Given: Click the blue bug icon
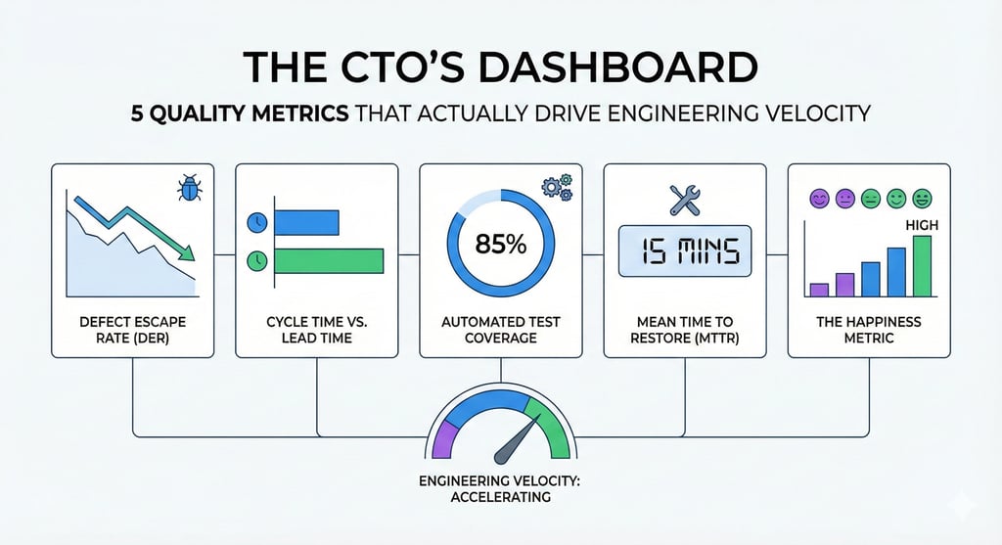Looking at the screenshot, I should (189, 188).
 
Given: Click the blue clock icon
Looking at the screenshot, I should (257, 223).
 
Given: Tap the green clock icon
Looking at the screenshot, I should (257, 261).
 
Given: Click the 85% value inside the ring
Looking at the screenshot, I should (500, 245).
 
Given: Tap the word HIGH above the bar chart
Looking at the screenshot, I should (923, 225).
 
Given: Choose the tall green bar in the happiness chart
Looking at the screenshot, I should (922, 265).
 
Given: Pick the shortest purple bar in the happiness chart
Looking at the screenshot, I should (820, 290).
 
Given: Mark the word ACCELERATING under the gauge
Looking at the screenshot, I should (501, 497).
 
